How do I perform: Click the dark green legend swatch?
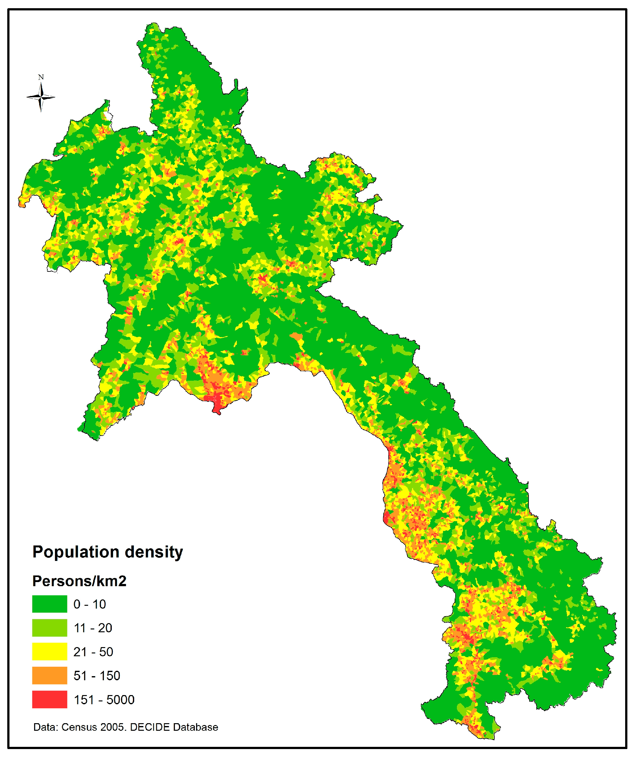[x=49, y=604]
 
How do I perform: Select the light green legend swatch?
[x=49, y=628]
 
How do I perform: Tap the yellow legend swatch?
[x=49, y=652]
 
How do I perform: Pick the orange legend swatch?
[x=49, y=676]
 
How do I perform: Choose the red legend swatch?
[x=49, y=700]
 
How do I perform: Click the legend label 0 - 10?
[x=90, y=604]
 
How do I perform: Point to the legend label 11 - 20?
[x=93, y=628]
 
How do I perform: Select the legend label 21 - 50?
[x=93, y=652]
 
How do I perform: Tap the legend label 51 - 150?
[x=97, y=676]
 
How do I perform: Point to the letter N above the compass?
[x=41, y=77]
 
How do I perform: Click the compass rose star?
[x=41, y=97]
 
